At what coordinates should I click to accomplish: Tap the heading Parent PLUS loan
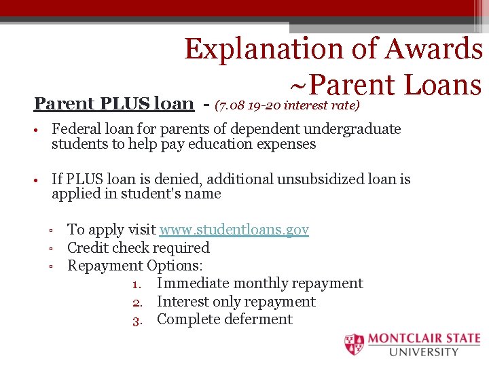click(113, 103)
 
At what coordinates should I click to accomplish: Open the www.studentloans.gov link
click(234, 230)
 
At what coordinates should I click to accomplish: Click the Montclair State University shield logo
click(354, 345)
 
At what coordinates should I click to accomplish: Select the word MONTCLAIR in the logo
click(401, 338)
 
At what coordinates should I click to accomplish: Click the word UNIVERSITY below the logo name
click(424, 352)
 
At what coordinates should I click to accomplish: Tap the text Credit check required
click(139, 247)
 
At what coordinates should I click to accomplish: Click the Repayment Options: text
click(135, 265)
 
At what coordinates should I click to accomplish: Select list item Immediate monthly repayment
click(259, 283)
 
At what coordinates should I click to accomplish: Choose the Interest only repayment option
click(236, 301)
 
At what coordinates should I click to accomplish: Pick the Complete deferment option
click(224, 319)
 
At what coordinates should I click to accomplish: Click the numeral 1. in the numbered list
click(137, 284)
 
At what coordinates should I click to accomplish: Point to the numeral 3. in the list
click(137, 320)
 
